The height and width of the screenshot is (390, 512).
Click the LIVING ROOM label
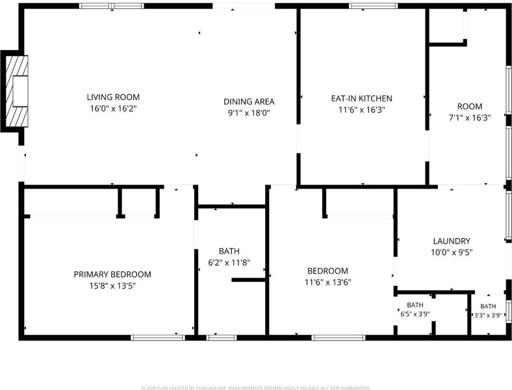coord(113,97)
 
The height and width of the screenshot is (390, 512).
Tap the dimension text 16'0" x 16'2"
coord(113,109)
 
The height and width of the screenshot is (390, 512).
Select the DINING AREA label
coord(249,101)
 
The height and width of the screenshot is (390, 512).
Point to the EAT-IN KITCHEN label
coord(361,98)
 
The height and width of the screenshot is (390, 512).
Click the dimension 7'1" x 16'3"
coord(470,118)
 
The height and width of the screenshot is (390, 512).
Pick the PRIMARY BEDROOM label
coord(112,274)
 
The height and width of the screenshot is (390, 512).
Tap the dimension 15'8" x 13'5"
coord(112,286)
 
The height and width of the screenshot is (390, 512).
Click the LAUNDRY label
coord(452,241)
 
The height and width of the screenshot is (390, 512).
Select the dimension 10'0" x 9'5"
coord(452,252)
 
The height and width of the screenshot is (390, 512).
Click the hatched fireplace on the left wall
coord(17,91)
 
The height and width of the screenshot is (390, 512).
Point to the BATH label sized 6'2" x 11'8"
coord(229,251)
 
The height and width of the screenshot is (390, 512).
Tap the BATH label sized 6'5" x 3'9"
coord(415,305)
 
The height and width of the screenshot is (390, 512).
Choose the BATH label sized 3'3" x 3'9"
coord(488,306)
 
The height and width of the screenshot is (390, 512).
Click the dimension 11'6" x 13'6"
coord(327,282)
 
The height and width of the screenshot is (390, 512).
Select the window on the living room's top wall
coord(112,6)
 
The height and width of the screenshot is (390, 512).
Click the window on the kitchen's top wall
coord(374,6)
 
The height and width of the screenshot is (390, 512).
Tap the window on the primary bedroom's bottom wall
coord(158,338)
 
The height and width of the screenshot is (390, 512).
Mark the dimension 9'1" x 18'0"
coord(249,113)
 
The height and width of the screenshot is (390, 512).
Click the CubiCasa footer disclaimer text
coord(255,387)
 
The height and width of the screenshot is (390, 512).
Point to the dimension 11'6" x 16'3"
coord(361,110)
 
